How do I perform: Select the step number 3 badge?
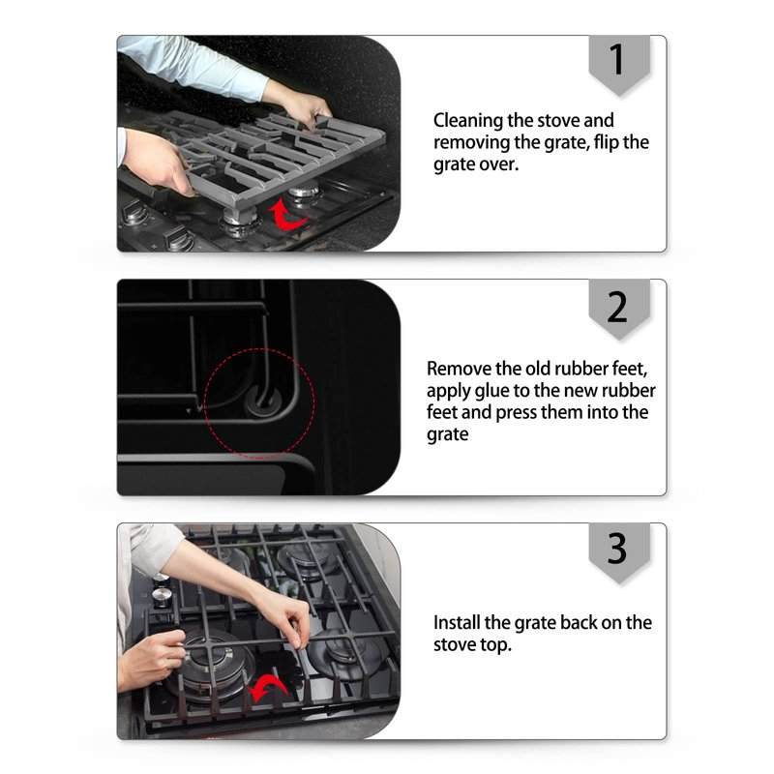(x=619, y=551)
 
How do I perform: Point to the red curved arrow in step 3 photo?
(x=268, y=687)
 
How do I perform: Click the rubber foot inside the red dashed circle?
(x=261, y=399)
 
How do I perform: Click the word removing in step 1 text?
(x=471, y=143)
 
